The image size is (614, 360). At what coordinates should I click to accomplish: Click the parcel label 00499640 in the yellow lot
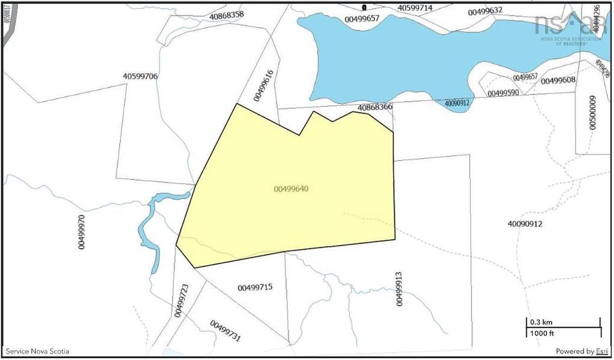[291, 188]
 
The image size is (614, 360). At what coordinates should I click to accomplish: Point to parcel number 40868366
[375, 107]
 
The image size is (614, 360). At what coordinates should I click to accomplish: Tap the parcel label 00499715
[255, 287]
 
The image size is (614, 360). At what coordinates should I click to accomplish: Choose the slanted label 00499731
[225, 331]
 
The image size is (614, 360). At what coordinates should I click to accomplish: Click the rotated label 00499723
[181, 301]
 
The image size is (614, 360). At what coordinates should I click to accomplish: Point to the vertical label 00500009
[592, 112]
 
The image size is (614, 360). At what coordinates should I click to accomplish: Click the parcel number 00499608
[558, 80]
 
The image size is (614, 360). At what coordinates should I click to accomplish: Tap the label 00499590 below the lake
[503, 93]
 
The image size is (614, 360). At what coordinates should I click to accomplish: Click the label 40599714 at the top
[423, 8]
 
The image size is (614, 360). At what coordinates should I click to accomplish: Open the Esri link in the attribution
[603, 351]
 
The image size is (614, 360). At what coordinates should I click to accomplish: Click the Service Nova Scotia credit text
[30, 351]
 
